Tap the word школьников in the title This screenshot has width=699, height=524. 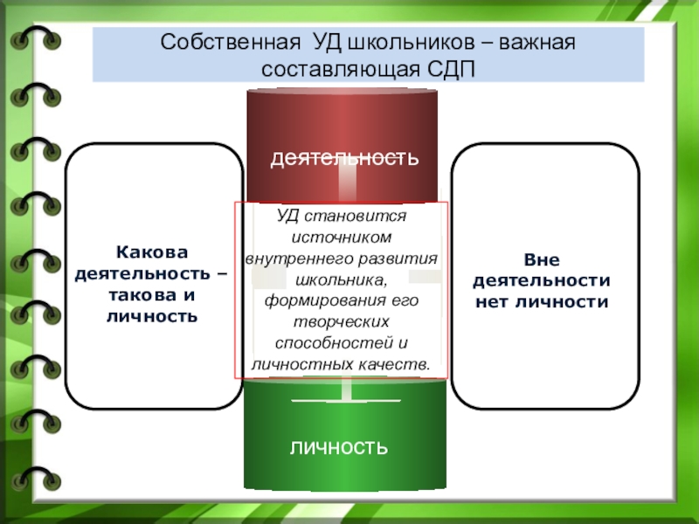pos(398,43)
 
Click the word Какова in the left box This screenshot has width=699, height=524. pos(154,252)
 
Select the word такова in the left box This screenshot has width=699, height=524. pos(141,295)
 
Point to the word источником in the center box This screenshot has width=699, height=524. pos(341,237)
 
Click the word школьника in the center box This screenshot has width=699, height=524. pos(340,279)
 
